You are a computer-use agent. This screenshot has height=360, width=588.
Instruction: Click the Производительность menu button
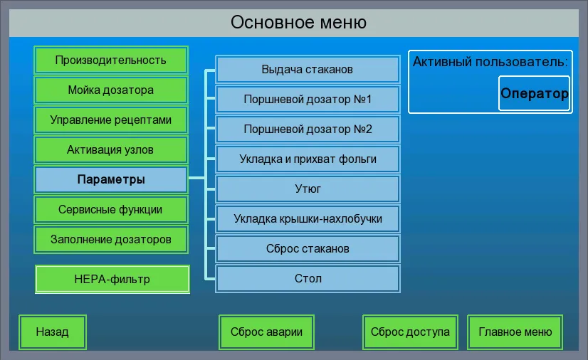click(111, 60)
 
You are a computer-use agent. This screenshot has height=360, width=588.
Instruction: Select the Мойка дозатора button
click(111, 90)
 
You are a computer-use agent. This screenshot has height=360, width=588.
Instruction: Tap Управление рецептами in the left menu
click(111, 120)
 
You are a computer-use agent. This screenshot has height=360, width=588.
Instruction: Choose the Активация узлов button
click(111, 150)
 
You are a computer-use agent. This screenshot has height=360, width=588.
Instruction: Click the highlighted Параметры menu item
click(111, 180)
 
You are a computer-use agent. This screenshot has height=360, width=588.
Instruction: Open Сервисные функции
click(111, 210)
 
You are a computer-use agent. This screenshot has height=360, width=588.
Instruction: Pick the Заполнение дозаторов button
click(111, 240)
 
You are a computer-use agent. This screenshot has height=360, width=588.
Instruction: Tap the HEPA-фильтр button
click(112, 279)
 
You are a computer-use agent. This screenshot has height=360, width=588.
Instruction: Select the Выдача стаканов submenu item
click(308, 70)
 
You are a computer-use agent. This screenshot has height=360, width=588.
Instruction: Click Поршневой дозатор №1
click(308, 100)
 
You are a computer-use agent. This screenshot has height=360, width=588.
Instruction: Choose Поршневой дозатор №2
click(308, 129)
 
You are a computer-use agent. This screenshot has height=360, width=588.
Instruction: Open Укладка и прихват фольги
click(308, 159)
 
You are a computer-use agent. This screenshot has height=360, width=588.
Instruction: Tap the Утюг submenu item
click(308, 189)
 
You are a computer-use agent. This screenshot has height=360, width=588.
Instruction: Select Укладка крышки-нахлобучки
click(308, 219)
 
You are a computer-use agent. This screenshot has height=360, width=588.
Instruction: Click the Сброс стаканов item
click(308, 249)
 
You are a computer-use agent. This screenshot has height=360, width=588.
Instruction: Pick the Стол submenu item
click(308, 279)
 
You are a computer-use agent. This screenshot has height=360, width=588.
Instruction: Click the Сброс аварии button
click(266, 332)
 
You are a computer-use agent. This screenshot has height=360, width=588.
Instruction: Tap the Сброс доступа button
click(410, 332)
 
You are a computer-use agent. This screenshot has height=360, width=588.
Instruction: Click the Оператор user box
click(534, 94)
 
